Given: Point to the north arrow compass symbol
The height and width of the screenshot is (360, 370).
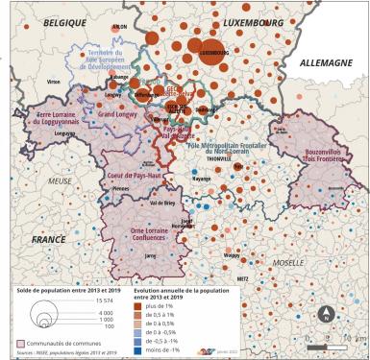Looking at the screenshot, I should point(324,312).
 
